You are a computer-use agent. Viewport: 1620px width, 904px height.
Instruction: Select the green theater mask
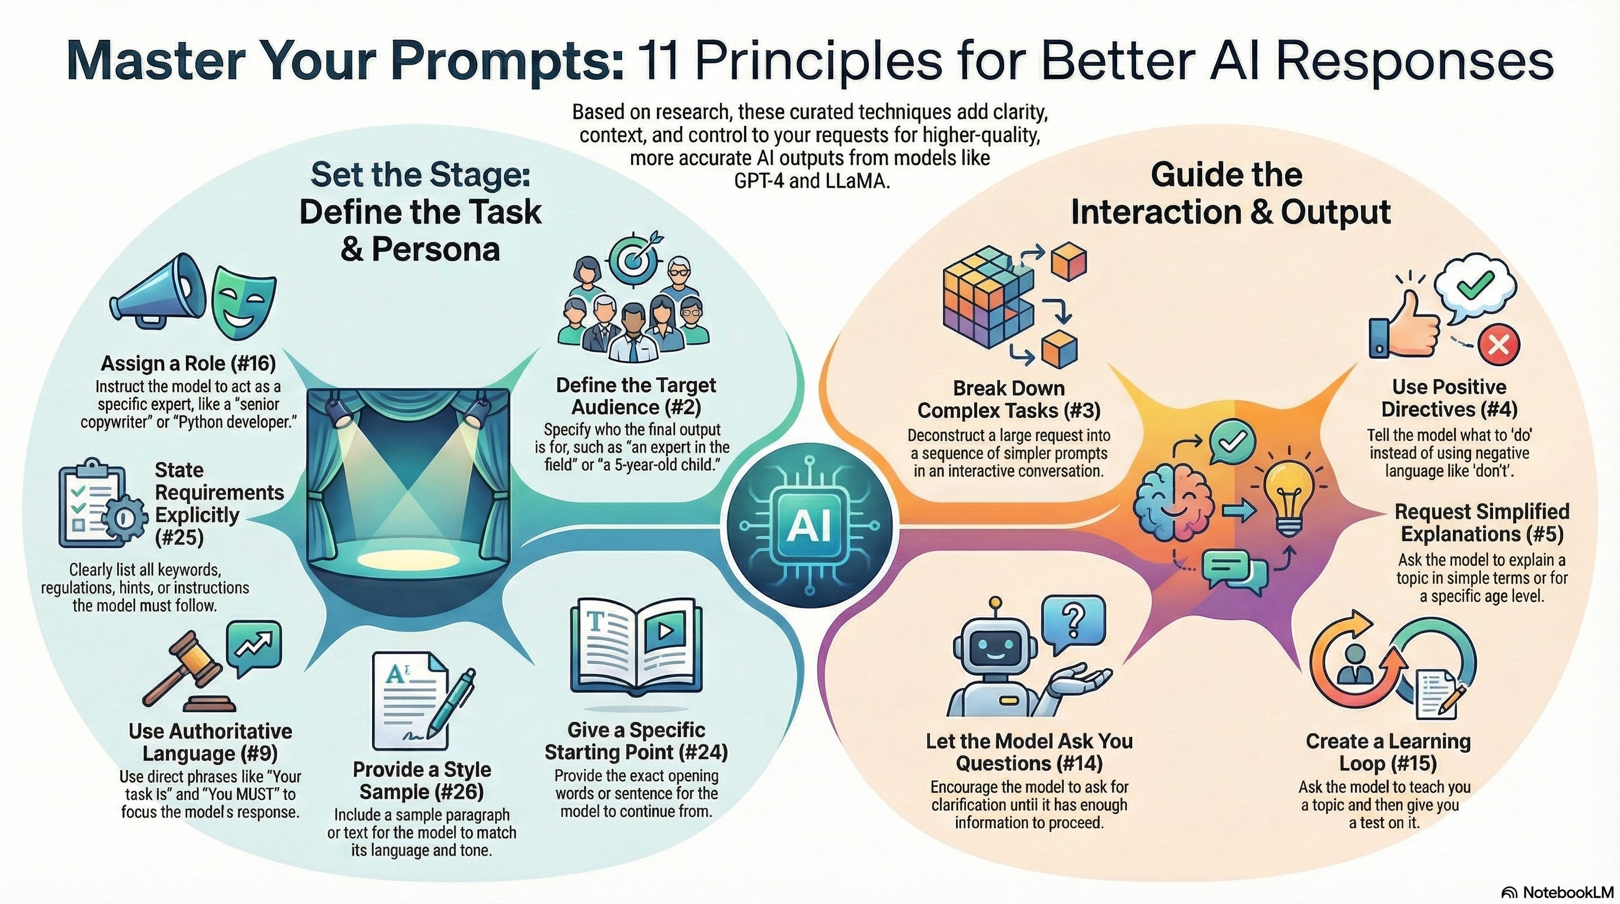(x=243, y=301)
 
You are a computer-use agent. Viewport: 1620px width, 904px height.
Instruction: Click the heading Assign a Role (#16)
(x=188, y=363)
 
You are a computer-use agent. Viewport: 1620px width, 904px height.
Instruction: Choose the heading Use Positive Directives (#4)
(x=1449, y=398)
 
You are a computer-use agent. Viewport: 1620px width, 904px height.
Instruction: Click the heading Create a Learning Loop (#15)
(x=1388, y=753)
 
